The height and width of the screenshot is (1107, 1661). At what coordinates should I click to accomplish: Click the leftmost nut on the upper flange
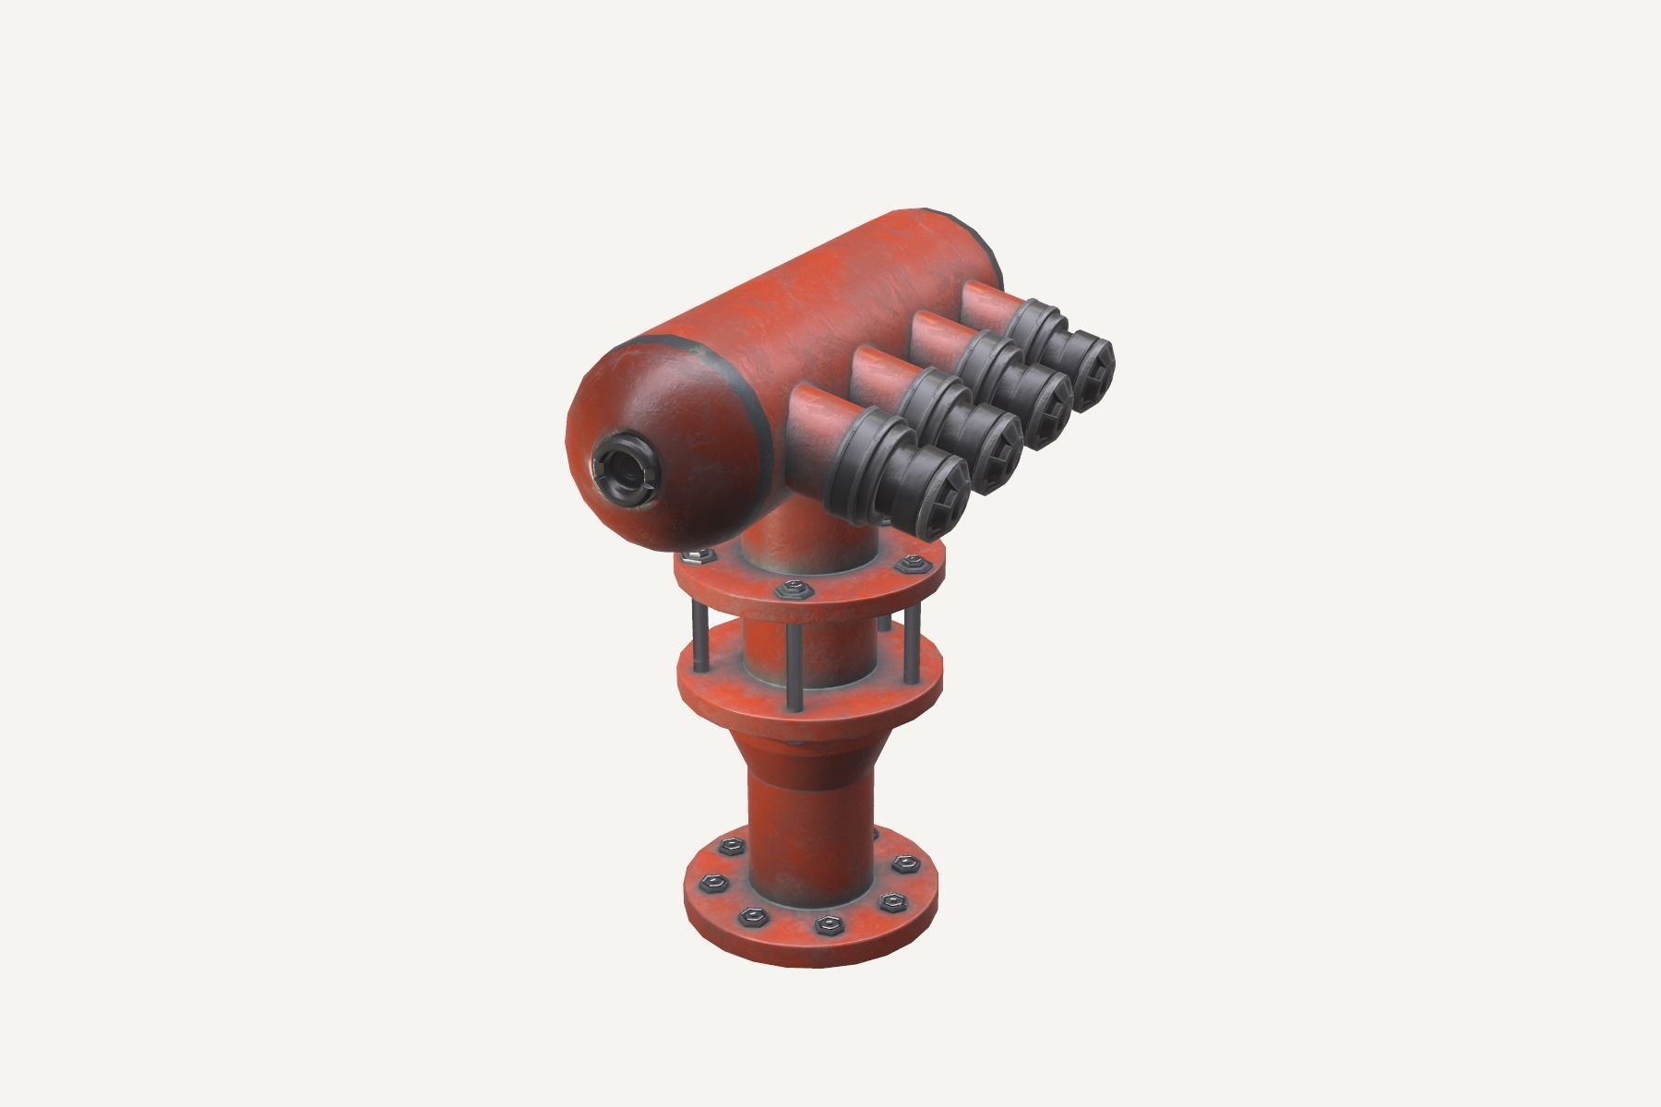coord(699,556)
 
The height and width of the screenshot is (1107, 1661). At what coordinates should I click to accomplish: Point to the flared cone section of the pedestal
coord(811,738)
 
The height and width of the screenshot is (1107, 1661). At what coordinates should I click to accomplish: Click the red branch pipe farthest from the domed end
coord(987,304)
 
